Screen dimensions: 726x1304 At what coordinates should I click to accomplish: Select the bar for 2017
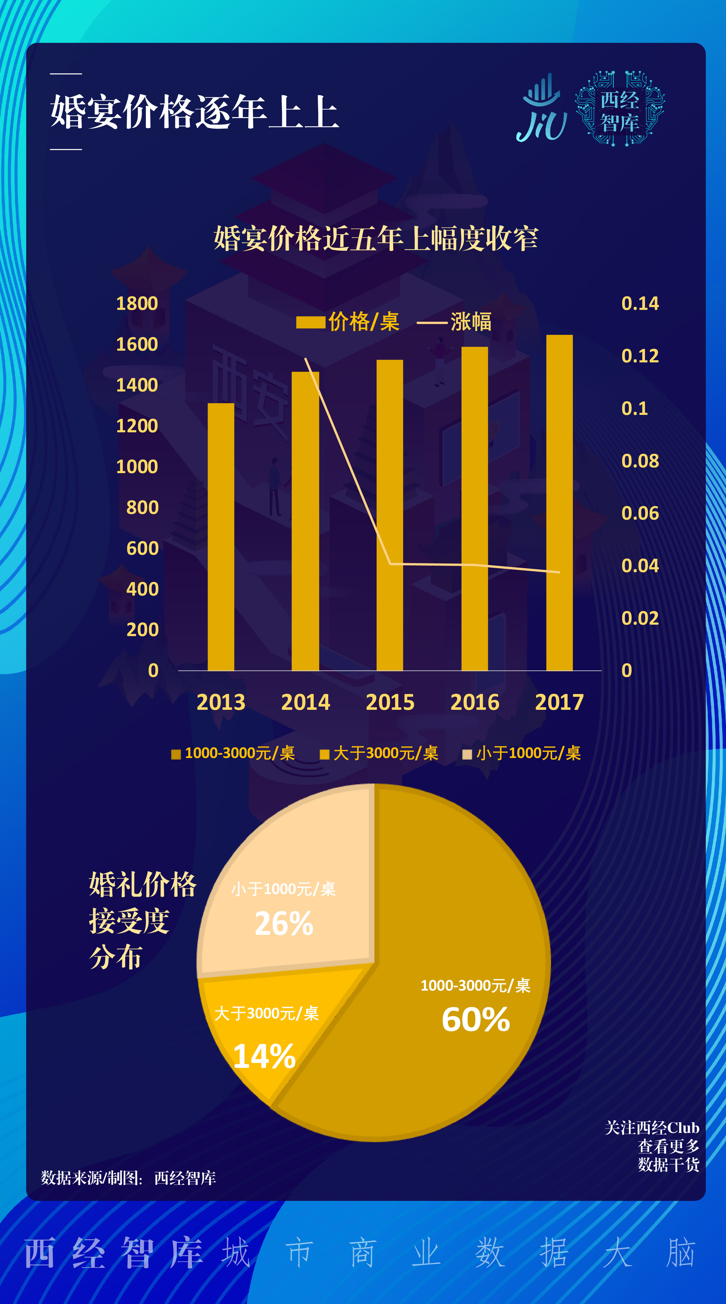click(559, 503)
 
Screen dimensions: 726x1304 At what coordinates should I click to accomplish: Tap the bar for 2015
click(390, 515)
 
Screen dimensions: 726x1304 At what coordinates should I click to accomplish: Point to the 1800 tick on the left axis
click(137, 303)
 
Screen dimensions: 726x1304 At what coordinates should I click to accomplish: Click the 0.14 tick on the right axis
click(640, 303)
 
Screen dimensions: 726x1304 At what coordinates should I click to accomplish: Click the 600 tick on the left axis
click(142, 548)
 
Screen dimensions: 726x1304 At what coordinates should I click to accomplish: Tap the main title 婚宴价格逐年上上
click(194, 112)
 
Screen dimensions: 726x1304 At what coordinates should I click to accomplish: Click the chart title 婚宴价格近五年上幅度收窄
click(376, 238)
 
